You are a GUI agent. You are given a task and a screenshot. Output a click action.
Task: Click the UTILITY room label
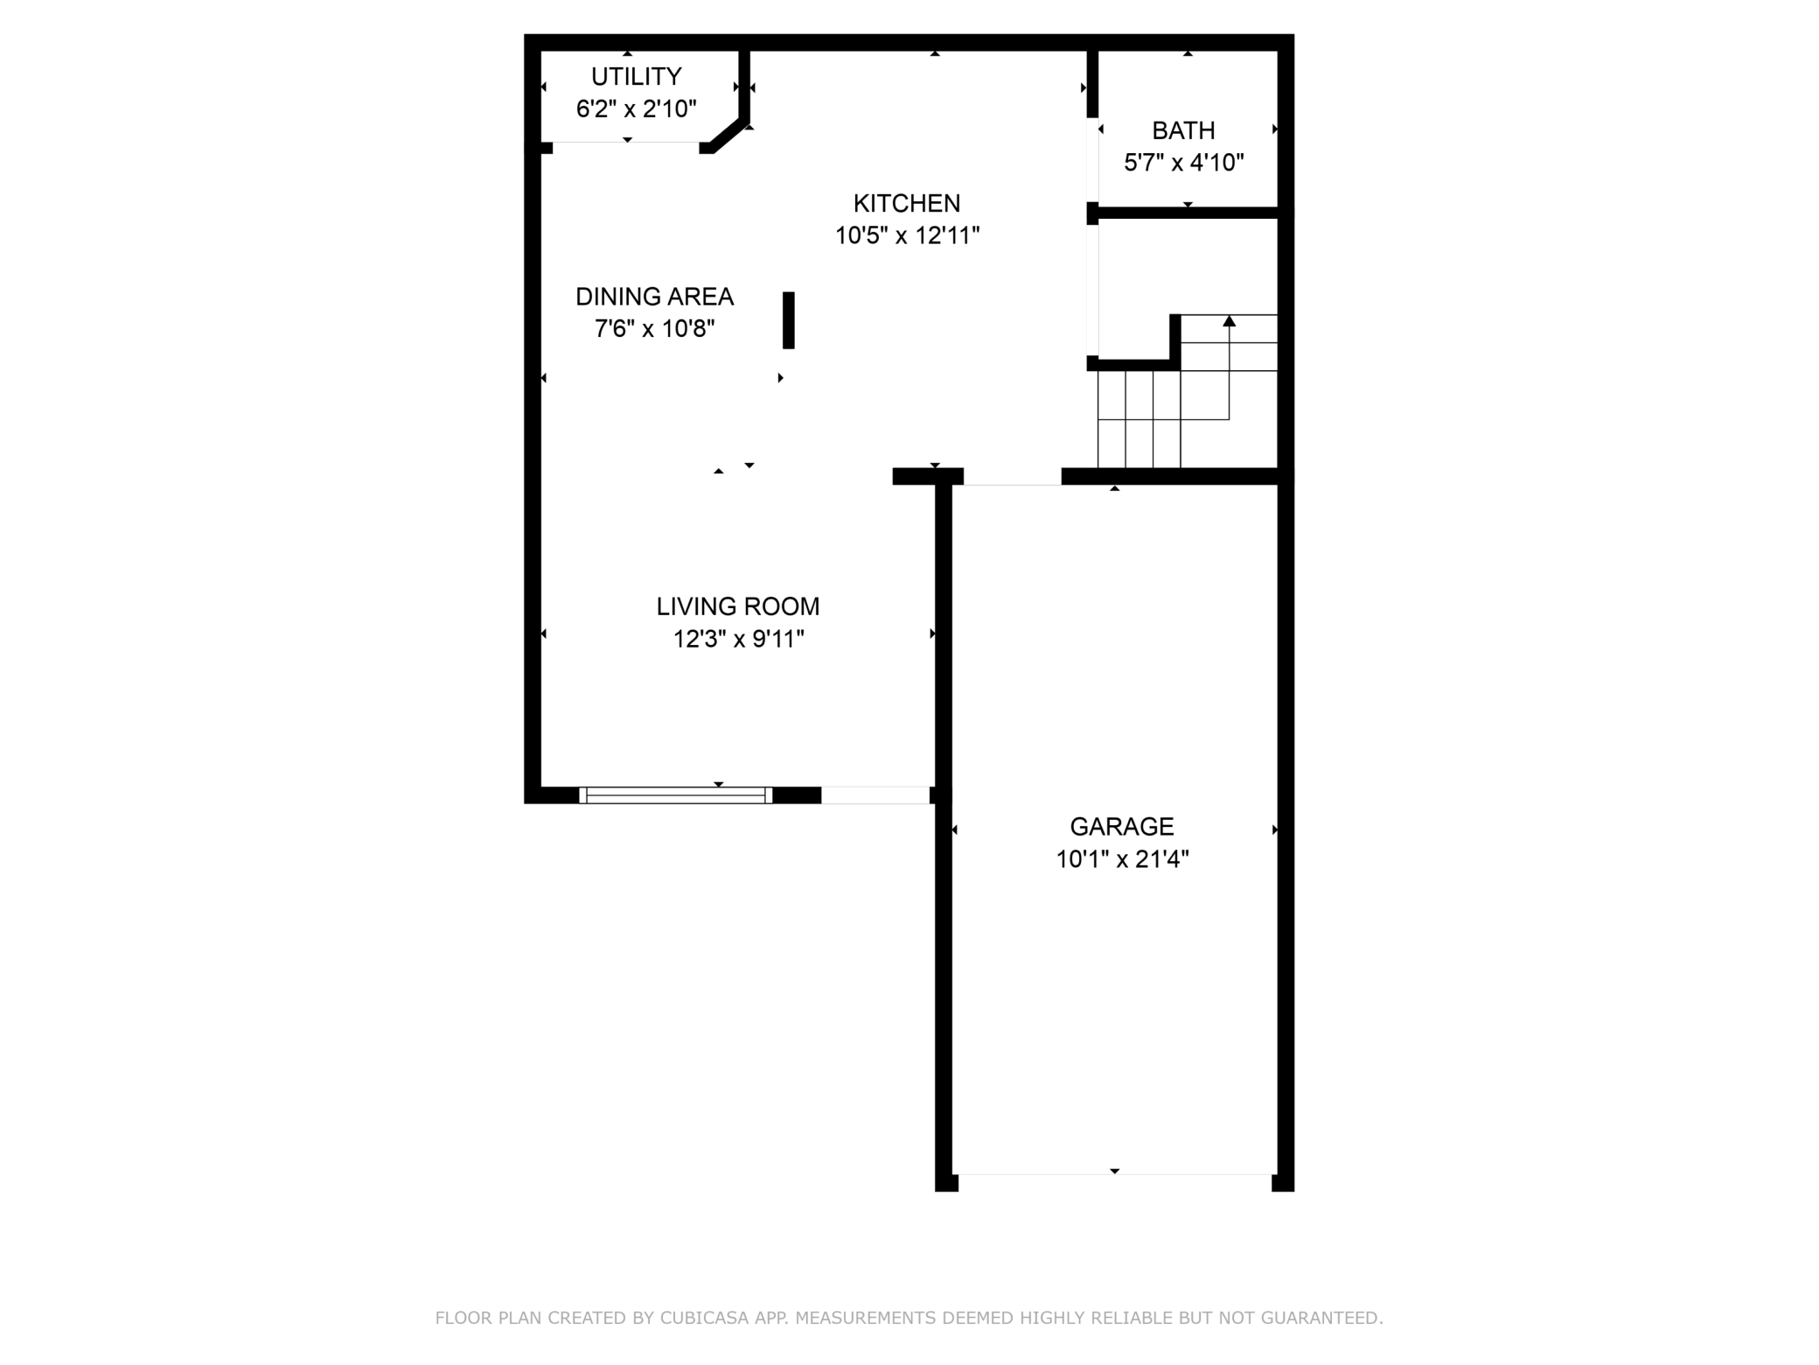(636, 77)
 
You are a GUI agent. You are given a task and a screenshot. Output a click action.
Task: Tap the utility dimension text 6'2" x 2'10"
(636, 109)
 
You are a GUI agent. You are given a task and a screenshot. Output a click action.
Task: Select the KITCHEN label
(907, 204)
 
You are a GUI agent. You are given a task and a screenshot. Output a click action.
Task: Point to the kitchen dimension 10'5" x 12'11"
(907, 236)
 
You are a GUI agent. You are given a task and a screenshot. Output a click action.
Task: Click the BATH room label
(1183, 131)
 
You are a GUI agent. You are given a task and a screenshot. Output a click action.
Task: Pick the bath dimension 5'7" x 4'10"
(1183, 164)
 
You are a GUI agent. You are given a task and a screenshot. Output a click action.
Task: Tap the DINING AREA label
(654, 297)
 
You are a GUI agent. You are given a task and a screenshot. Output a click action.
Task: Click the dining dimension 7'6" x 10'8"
(654, 330)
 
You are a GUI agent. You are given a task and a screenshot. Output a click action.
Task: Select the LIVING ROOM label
(738, 607)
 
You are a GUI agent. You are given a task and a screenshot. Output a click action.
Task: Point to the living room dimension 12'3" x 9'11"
(738, 640)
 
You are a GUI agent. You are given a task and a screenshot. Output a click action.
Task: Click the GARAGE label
(1122, 827)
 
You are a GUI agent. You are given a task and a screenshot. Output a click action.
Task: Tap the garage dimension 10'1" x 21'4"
(1122, 859)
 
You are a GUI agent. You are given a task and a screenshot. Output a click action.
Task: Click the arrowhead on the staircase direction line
(1229, 321)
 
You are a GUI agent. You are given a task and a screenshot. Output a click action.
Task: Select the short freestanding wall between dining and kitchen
(788, 320)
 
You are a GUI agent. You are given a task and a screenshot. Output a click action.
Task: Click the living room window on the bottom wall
(675, 795)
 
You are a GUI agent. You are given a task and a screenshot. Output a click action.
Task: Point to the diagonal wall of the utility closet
(728, 137)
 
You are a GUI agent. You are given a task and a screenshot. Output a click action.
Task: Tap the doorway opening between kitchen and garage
(1013, 477)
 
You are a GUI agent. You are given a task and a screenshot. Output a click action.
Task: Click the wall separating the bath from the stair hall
(1187, 213)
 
